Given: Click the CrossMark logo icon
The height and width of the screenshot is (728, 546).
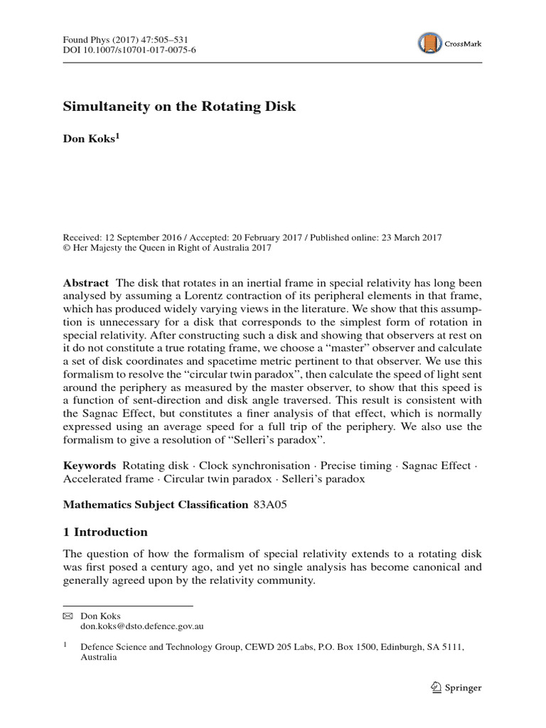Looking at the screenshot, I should pyautogui.click(x=430, y=43).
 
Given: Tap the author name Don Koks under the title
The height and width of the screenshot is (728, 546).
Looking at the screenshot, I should pyautogui.click(x=90, y=139).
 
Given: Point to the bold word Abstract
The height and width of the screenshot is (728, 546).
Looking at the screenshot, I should pyautogui.click(x=86, y=282).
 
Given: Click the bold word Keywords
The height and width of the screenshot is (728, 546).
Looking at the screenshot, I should pyautogui.click(x=90, y=465).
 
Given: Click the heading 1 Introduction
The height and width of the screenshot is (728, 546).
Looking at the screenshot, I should pyautogui.click(x=105, y=532).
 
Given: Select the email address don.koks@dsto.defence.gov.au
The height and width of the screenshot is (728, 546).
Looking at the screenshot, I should pyautogui.click(x=143, y=627).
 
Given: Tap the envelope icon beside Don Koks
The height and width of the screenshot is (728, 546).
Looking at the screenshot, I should pyautogui.click(x=68, y=616).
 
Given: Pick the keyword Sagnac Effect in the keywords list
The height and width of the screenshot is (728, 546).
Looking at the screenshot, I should pyautogui.click(x=437, y=465).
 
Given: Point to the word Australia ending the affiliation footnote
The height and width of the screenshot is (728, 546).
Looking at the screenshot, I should pyautogui.click(x=99, y=658).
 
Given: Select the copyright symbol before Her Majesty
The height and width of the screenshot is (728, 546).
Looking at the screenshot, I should pyautogui.click(x=67, y=248).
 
